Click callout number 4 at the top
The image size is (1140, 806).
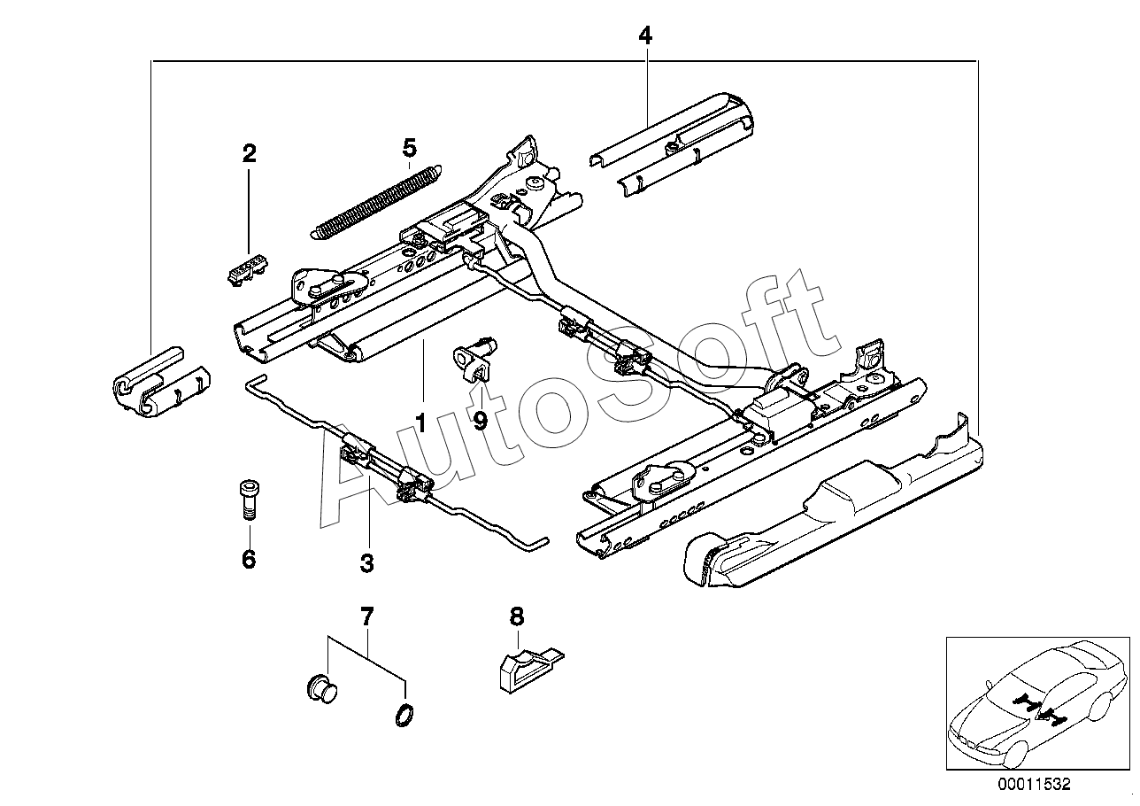(645, 35)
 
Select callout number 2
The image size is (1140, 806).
(249, 153)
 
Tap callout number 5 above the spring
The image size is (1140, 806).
(409, 148)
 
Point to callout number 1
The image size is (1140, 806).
(420, 423)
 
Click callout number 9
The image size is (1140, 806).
(481, 421)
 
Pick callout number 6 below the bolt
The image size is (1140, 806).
(249, 559)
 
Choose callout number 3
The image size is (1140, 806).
(367, 563)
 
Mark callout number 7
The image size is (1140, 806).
(367, 616)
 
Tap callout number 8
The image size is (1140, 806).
(517, 616)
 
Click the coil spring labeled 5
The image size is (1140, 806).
(375, 201)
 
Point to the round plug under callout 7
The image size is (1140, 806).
(322, 688)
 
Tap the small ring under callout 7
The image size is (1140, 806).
(404, 716)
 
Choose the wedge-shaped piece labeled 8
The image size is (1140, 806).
(531, 670)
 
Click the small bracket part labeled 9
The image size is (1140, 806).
(474, 359)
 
